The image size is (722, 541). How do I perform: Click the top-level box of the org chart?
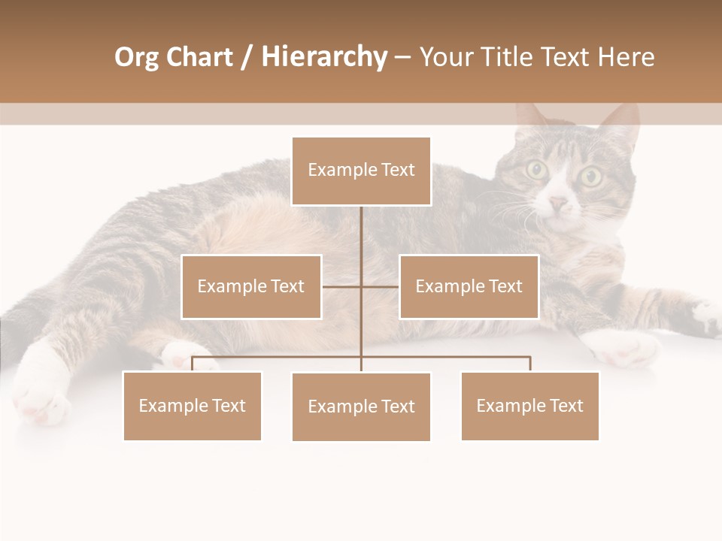coord(361,171)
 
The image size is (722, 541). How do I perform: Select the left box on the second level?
coord(251,287)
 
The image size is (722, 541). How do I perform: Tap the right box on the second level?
coord(469,287)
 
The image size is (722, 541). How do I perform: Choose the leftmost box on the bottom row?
coord(193,407)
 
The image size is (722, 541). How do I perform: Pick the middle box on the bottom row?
coord(361,407)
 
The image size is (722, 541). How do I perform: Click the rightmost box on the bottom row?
coord(530,407)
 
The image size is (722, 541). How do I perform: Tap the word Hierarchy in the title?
coord(324,57)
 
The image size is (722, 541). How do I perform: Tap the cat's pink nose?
coord(558,203)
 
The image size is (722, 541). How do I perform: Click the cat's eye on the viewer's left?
coord(537,170)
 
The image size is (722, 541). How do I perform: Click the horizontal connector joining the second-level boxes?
coord(361,287)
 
